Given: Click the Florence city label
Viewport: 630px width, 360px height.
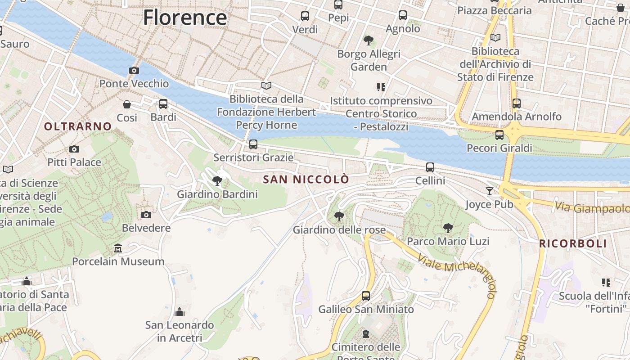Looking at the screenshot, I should [185, 18].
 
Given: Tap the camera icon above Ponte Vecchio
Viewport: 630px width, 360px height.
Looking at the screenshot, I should [134, 70].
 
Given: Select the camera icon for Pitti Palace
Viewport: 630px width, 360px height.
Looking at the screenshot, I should [74, 149].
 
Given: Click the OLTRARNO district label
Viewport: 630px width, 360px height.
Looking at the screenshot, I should [78, 126].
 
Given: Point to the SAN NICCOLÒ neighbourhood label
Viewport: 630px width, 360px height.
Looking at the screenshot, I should [306, 180].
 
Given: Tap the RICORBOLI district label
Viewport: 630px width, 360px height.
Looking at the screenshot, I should [573, 244].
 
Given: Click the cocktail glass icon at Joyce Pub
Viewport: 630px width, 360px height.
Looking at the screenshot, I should [489, 191].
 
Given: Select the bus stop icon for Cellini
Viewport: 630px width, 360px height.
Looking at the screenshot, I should [430, 167].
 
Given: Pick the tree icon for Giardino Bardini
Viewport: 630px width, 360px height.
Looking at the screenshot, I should [217, 181].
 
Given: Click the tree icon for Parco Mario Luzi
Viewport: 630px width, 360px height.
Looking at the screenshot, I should [448, 228].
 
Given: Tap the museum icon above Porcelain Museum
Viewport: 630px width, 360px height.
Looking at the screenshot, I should [118, 248].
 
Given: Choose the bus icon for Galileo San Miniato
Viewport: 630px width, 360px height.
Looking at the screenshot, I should [366, 296].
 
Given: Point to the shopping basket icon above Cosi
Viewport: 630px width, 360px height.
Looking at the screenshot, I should [127, 104].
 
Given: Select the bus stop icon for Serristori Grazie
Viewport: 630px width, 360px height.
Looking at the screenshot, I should [253, 144].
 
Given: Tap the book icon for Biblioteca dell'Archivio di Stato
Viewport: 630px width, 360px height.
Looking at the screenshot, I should [495, 38].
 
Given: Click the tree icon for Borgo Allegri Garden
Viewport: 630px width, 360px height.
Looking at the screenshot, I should [369, 40].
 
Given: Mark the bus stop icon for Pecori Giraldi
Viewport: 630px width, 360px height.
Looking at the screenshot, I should [499, 135].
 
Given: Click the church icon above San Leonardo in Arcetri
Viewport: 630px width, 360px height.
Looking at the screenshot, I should [180, 311].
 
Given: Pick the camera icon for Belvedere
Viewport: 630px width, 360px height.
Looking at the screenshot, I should [146, 215].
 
